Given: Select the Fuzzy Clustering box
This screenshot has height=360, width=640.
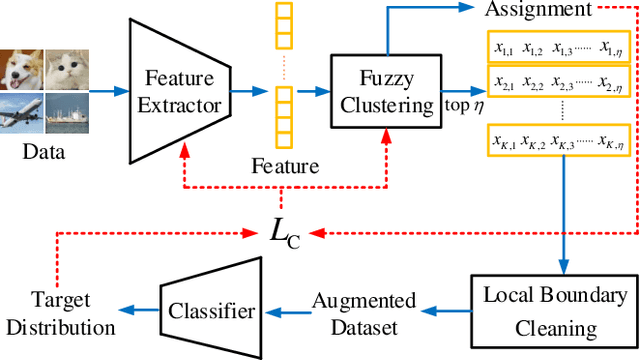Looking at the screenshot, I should [379, 78].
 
